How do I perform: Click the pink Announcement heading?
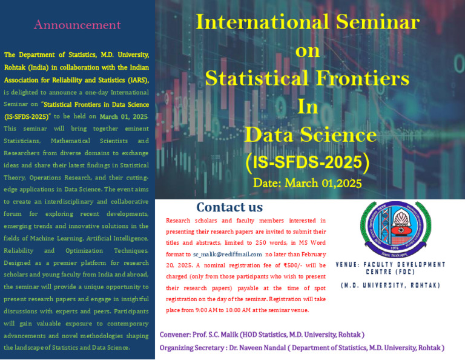click(x=77, y=25)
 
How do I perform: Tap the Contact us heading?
click(x=229, y=207)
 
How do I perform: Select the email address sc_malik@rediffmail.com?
click(x=227, y=255)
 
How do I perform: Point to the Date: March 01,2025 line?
click(x=307, y=182)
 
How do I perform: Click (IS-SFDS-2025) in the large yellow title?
click(x=307, y=162)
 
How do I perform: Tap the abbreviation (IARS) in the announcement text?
click(x=136, y=79)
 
